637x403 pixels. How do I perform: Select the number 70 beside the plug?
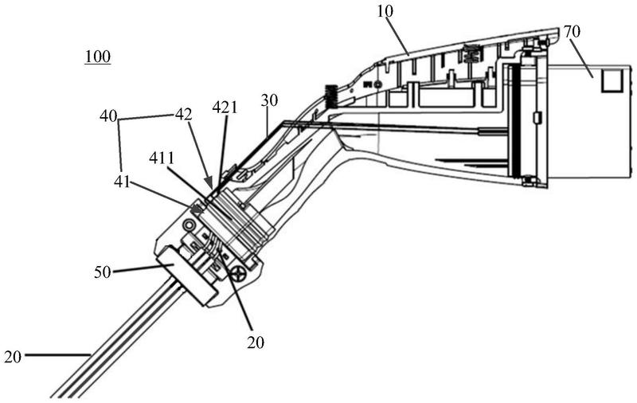pos(572,33)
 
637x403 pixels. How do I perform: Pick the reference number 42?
pos(184,115)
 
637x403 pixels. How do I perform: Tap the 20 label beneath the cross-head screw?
pos(254,342)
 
